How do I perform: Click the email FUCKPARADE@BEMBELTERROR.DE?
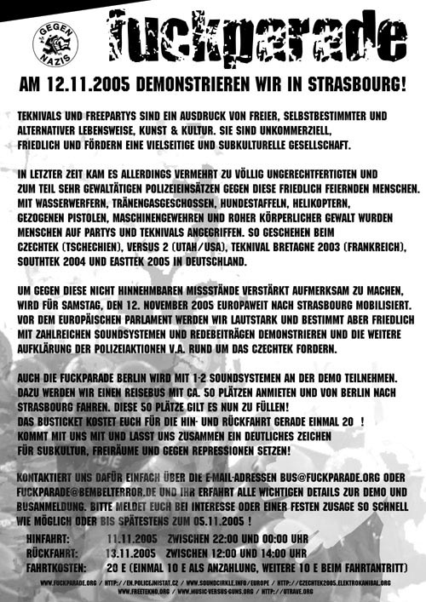92,491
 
